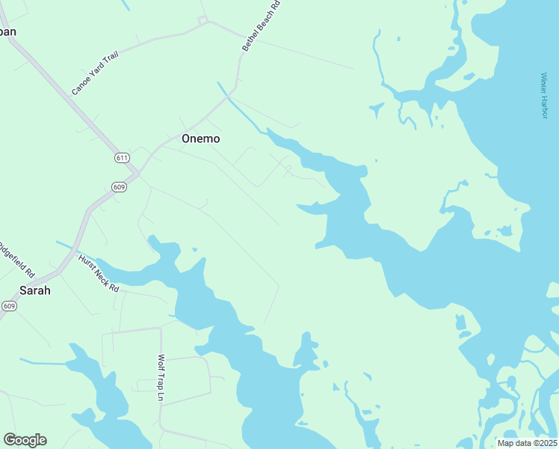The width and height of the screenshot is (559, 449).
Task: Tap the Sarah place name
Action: click(35, 290)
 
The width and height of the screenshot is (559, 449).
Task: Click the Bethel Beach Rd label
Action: click(261, 26)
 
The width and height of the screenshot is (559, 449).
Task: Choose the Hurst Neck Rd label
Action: click(99, 272)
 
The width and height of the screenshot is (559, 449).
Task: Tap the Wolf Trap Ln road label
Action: click(161, 377)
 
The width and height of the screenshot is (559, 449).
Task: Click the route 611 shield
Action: click(123, 157)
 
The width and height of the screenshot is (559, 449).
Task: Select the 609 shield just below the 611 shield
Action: click(119, 186)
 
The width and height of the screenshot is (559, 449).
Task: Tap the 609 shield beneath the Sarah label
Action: click(9, 306)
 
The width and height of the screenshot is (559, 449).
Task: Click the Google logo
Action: click(25, 440)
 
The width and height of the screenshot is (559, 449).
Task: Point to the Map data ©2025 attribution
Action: click(526, 443)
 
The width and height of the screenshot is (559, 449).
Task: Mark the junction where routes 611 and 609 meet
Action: click(136, 174)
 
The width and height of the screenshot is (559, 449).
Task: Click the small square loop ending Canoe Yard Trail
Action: click(201, 19)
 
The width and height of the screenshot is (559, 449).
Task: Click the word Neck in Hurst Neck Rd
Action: click(99, 272)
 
